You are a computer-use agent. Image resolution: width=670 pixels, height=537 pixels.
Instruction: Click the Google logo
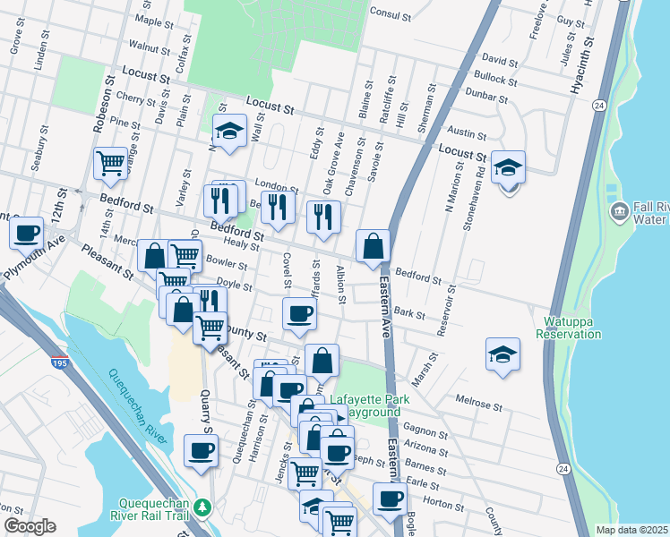(29, 526)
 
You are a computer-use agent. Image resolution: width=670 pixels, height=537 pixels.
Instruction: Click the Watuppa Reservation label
(568, 328)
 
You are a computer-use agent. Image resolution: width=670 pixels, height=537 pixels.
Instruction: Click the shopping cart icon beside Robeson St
(110, 163)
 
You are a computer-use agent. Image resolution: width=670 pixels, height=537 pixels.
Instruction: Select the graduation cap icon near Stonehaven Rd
(508, 166)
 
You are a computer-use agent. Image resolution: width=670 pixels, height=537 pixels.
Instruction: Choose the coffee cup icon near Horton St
(389, 499)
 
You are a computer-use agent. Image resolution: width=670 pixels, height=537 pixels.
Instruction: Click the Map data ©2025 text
(631, 530)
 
